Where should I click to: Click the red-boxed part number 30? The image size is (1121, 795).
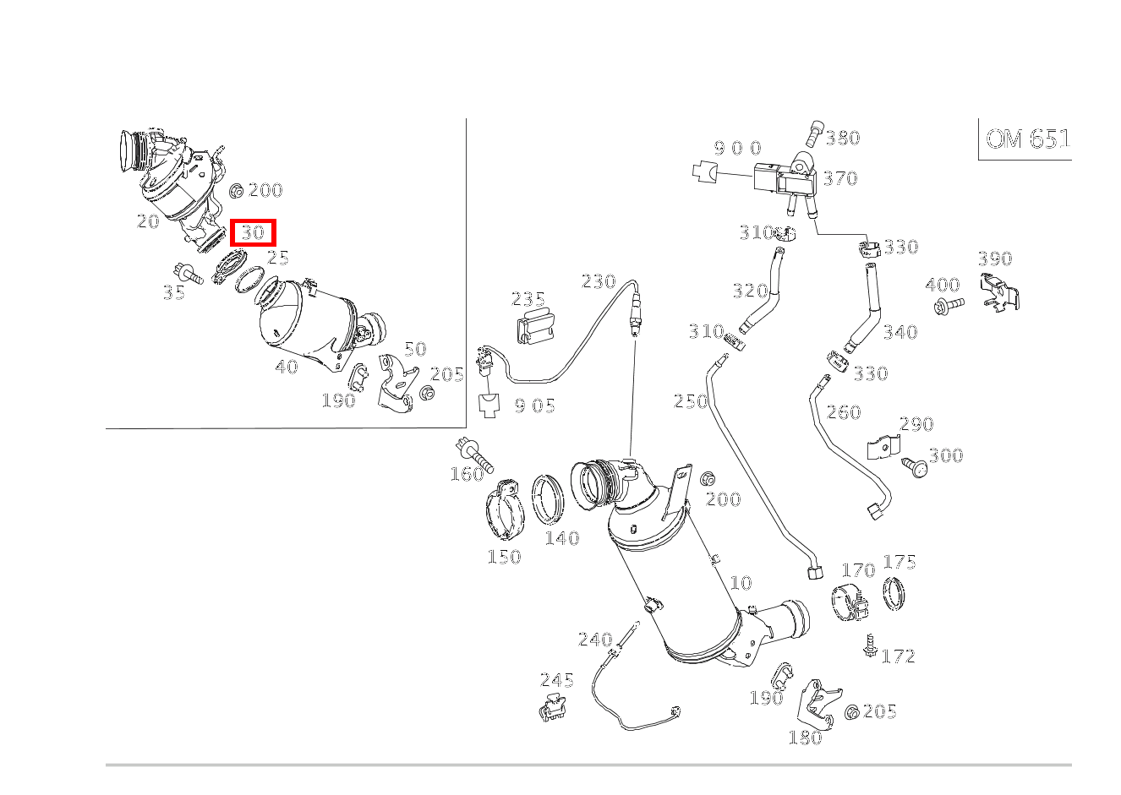[x=253, y=232]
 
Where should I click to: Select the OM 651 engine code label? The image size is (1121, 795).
[x=1027, y=139]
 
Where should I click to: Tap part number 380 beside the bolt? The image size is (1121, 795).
[x=842, y=138]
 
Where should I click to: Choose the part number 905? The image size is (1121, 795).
[x=534, y=406]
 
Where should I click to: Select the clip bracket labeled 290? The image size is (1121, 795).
[x=883, y=447]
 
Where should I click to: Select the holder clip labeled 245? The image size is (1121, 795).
[x=554, y=707]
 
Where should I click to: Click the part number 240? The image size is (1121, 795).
[x=594, y=640]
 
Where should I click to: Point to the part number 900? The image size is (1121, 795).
[x=737, y=149]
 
